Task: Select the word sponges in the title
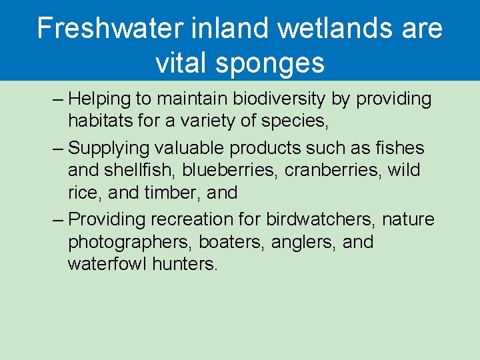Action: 272,63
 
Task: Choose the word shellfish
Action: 138,171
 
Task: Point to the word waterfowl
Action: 107,264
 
